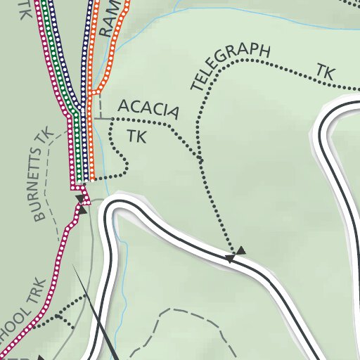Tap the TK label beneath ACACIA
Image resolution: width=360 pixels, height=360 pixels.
click(x=136, y=136)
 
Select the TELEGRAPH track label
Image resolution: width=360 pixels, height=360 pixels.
click(x=231, y=67)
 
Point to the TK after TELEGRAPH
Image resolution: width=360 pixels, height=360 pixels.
click(x=324, y=72)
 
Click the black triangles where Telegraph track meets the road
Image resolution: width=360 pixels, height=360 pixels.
click(x=235, y=254)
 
